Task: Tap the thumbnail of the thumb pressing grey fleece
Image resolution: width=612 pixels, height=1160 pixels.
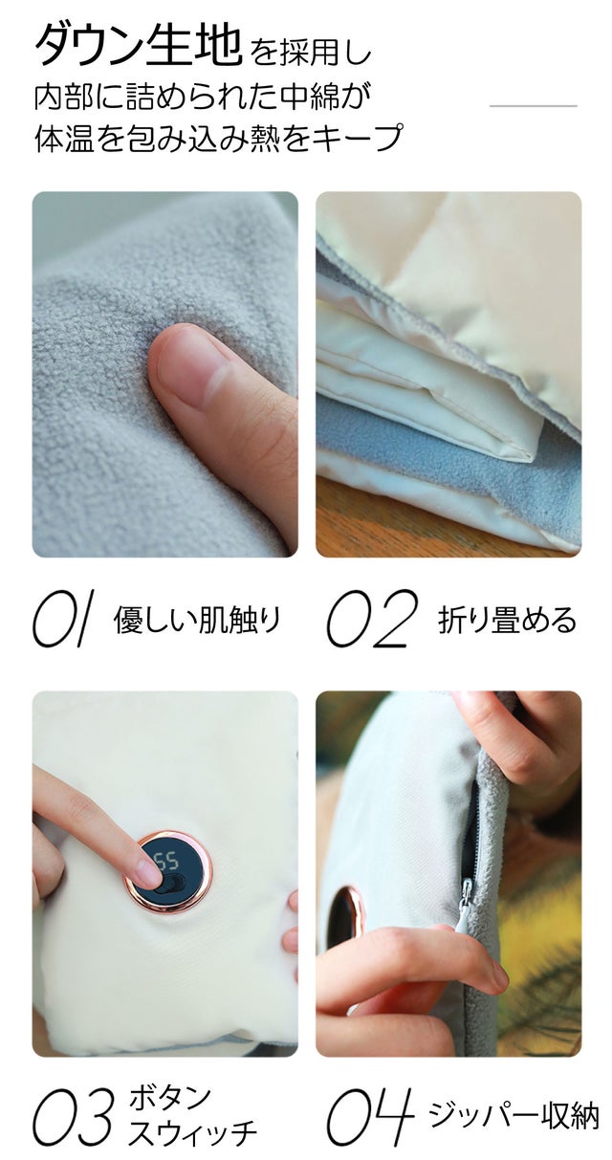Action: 165,375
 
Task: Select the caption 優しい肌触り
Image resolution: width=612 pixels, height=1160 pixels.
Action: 197,620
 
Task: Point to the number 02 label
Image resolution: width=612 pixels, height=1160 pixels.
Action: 372,619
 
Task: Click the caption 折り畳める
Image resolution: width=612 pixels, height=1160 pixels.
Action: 507,620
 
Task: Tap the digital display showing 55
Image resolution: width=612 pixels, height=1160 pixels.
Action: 166,862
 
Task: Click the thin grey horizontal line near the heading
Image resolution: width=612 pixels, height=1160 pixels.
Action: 534,105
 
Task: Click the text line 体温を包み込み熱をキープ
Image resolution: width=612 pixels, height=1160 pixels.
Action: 218,138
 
